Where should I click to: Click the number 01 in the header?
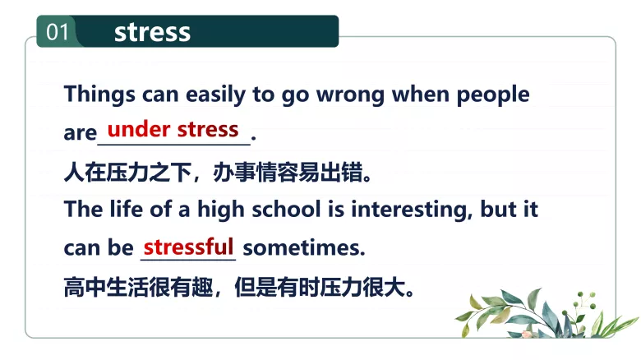tap(57, 32)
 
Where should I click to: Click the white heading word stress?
tap(152, 32)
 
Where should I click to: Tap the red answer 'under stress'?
tap(173, 129)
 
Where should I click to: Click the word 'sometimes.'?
tap(304, 247)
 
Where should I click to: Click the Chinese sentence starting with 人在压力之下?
tap(218, 172)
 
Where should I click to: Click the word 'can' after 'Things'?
tap(161, 95)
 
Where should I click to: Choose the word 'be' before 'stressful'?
tap(122, 247)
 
